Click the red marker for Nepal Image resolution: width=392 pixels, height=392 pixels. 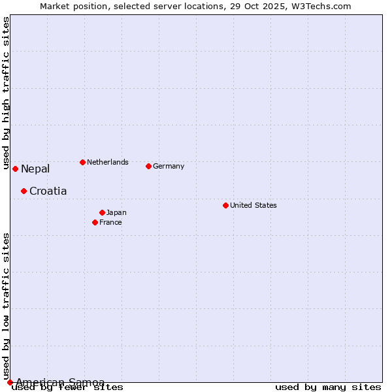click(15, 169)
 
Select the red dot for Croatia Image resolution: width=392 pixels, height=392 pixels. click(24, 191)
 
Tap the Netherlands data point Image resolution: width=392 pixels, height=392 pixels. click(82, 162)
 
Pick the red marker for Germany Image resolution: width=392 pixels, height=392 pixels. click(148, 166)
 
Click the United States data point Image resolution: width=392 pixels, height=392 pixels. click(225, 205)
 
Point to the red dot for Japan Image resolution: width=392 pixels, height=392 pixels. click(102, 212)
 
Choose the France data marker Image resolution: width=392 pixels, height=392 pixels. click(95, 222)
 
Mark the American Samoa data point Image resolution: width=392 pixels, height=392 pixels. click(10, 382)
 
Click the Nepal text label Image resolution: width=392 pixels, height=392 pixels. click(35, 169)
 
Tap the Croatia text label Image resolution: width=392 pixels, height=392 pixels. click(48, 191)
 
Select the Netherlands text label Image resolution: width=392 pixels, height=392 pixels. click(108, 162)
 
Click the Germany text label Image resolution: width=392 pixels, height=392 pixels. click(169, 166)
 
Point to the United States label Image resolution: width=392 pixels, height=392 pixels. click(253, 205)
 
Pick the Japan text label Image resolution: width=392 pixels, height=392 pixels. click(116, 212)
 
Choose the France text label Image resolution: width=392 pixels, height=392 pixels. click(110, 222)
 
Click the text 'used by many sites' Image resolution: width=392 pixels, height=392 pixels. click(328, 387)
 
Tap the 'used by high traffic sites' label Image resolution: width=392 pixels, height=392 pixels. click(7, 93)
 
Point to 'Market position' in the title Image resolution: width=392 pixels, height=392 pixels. click(70, 6)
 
